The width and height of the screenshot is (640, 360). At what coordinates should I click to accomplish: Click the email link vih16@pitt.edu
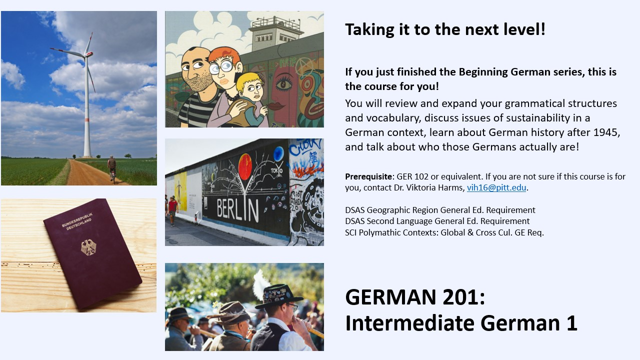coord(496,187)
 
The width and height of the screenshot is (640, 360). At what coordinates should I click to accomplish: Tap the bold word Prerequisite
coord(368,177)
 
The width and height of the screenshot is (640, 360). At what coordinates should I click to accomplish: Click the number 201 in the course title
coord(463,297)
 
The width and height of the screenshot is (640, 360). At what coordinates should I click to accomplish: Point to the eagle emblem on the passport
coord(88,247)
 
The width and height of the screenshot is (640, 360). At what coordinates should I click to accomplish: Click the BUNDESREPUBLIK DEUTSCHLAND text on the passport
coord(77,221)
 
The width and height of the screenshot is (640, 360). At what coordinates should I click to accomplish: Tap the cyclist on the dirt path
coord(112,169)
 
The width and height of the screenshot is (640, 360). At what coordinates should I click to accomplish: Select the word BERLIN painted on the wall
coord(237,210)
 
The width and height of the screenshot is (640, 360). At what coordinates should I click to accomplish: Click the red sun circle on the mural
coord(245,167)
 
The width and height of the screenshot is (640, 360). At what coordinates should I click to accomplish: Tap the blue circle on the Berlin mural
coord(278,153)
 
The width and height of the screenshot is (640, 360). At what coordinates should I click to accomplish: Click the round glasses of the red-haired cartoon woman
coord(221,67)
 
